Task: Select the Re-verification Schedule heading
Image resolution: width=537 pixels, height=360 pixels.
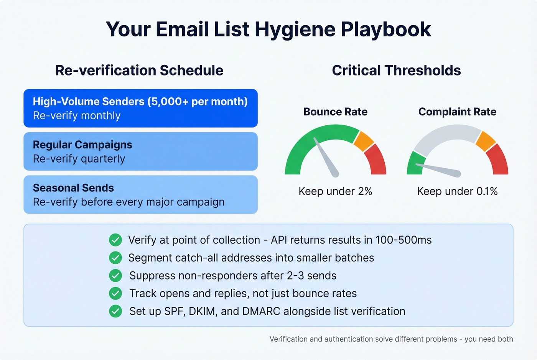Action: (139, 71)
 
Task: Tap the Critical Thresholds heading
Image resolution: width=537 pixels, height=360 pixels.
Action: (396, 71)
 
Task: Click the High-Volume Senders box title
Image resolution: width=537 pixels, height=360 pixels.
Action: (140, 102)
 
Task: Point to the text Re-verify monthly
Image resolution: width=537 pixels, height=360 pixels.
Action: (77, 116)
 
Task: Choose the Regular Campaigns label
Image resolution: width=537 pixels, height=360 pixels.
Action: (82, 145)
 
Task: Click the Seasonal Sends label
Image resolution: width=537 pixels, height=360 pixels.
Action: (73, 188)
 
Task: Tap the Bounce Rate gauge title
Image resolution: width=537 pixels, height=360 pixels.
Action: (335, 112)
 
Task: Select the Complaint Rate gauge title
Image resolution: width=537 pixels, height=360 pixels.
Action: (457, 112)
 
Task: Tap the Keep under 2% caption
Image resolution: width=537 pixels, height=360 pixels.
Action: (335, 191)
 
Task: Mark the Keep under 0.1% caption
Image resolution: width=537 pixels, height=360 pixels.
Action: (457, 191)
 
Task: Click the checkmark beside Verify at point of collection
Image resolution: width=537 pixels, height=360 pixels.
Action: (115, 240)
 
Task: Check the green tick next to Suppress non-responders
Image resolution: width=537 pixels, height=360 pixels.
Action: (115, 276)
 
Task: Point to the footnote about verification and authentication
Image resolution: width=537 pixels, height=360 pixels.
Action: (391, 339)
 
